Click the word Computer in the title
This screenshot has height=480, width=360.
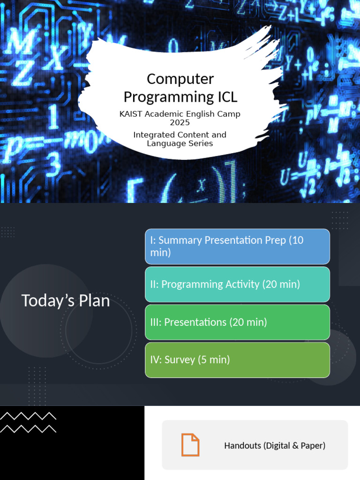coord(180,79)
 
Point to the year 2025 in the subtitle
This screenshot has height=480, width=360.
coord(180,122)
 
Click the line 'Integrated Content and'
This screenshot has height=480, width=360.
coord(180,135)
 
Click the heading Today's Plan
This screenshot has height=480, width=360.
coord(66,301)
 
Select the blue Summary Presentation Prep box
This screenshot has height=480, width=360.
coord(237,247)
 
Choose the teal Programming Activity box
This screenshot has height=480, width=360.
coord(237,285)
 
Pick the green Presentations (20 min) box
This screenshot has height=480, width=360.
coord(237,322)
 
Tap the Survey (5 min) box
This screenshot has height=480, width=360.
coord(237,360)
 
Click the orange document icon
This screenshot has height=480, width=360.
coord(190,445)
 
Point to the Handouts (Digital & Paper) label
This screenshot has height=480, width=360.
coord(275,445)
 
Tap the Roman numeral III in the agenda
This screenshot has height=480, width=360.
coord(155,322)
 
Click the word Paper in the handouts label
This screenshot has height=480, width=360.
coord(313,445)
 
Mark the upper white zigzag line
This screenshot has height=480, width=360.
coord(28,416)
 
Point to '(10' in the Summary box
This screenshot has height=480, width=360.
coord(296,240)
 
